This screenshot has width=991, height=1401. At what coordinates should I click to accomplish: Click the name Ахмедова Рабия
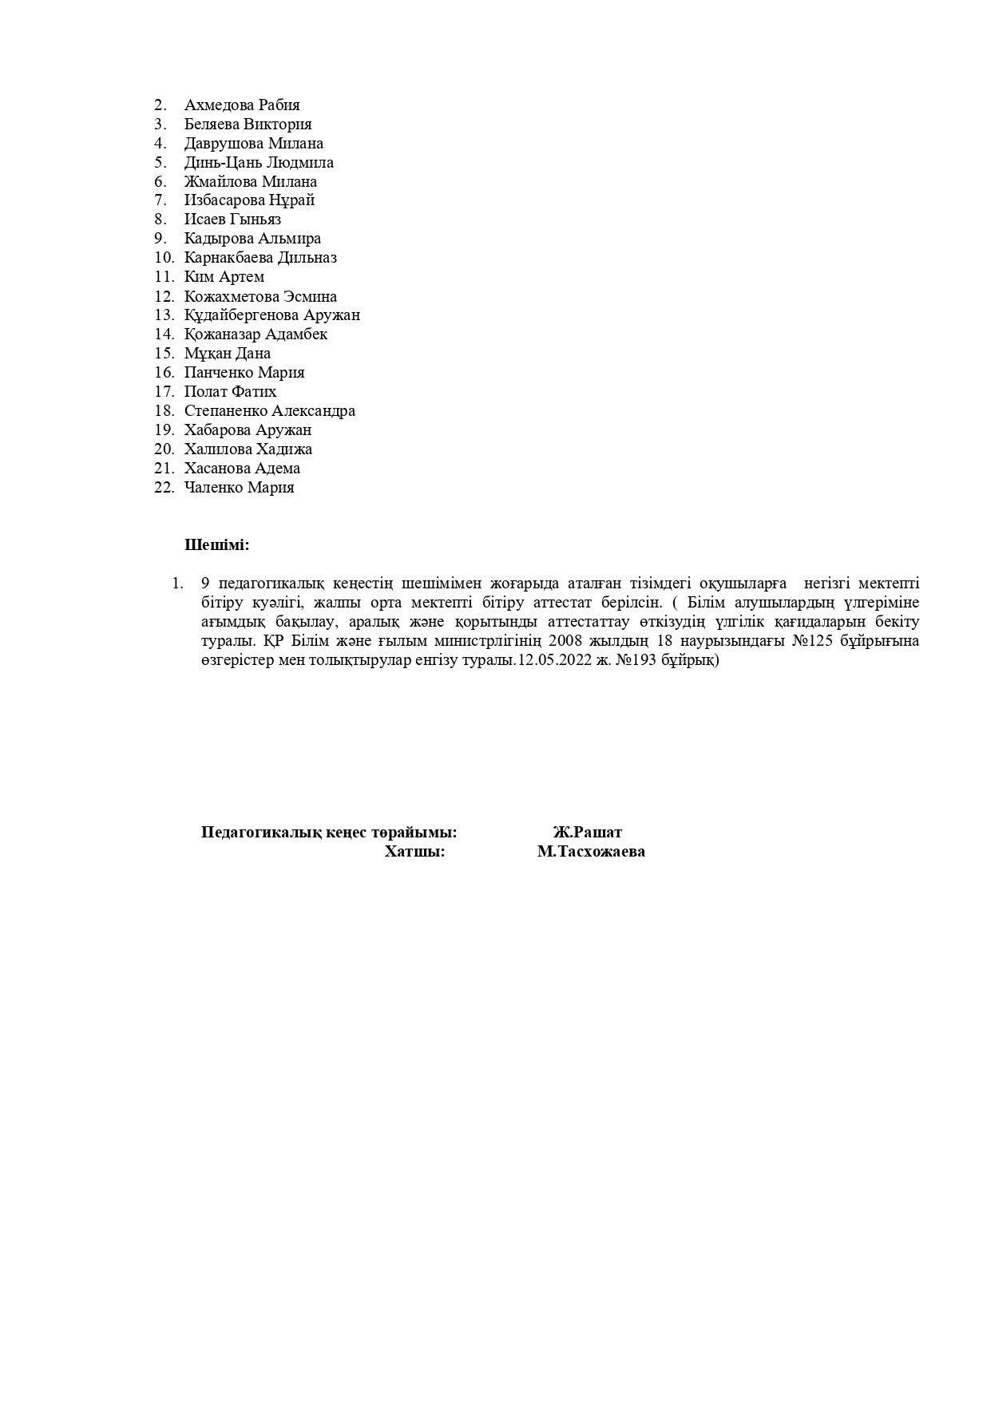coord(242,105)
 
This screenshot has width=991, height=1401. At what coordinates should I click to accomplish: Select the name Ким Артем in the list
coord(224,277)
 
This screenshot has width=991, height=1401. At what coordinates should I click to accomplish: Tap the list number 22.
coord(164,488)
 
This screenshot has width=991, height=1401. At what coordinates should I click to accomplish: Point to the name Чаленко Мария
coord(239,488)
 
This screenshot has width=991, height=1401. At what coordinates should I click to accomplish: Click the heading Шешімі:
coord(216,545)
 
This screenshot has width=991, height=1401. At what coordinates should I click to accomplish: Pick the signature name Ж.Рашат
coord(587,833)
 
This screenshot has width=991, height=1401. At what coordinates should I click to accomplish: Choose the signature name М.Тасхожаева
coord(591,852)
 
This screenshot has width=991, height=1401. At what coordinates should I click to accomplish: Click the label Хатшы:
coord(414,852)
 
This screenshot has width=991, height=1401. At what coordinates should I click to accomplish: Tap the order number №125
coord(812,641)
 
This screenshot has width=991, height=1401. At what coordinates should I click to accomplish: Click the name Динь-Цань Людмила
coord(259,162)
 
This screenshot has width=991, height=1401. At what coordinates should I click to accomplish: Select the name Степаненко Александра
coord(269,411)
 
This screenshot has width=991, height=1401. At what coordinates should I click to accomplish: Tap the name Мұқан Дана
coord(227,354)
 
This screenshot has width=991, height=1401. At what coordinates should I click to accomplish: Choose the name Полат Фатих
coord(230,392)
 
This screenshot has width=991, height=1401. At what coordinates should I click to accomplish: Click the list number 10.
coord(164,258)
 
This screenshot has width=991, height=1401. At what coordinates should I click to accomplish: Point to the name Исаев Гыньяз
coord(232,220)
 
